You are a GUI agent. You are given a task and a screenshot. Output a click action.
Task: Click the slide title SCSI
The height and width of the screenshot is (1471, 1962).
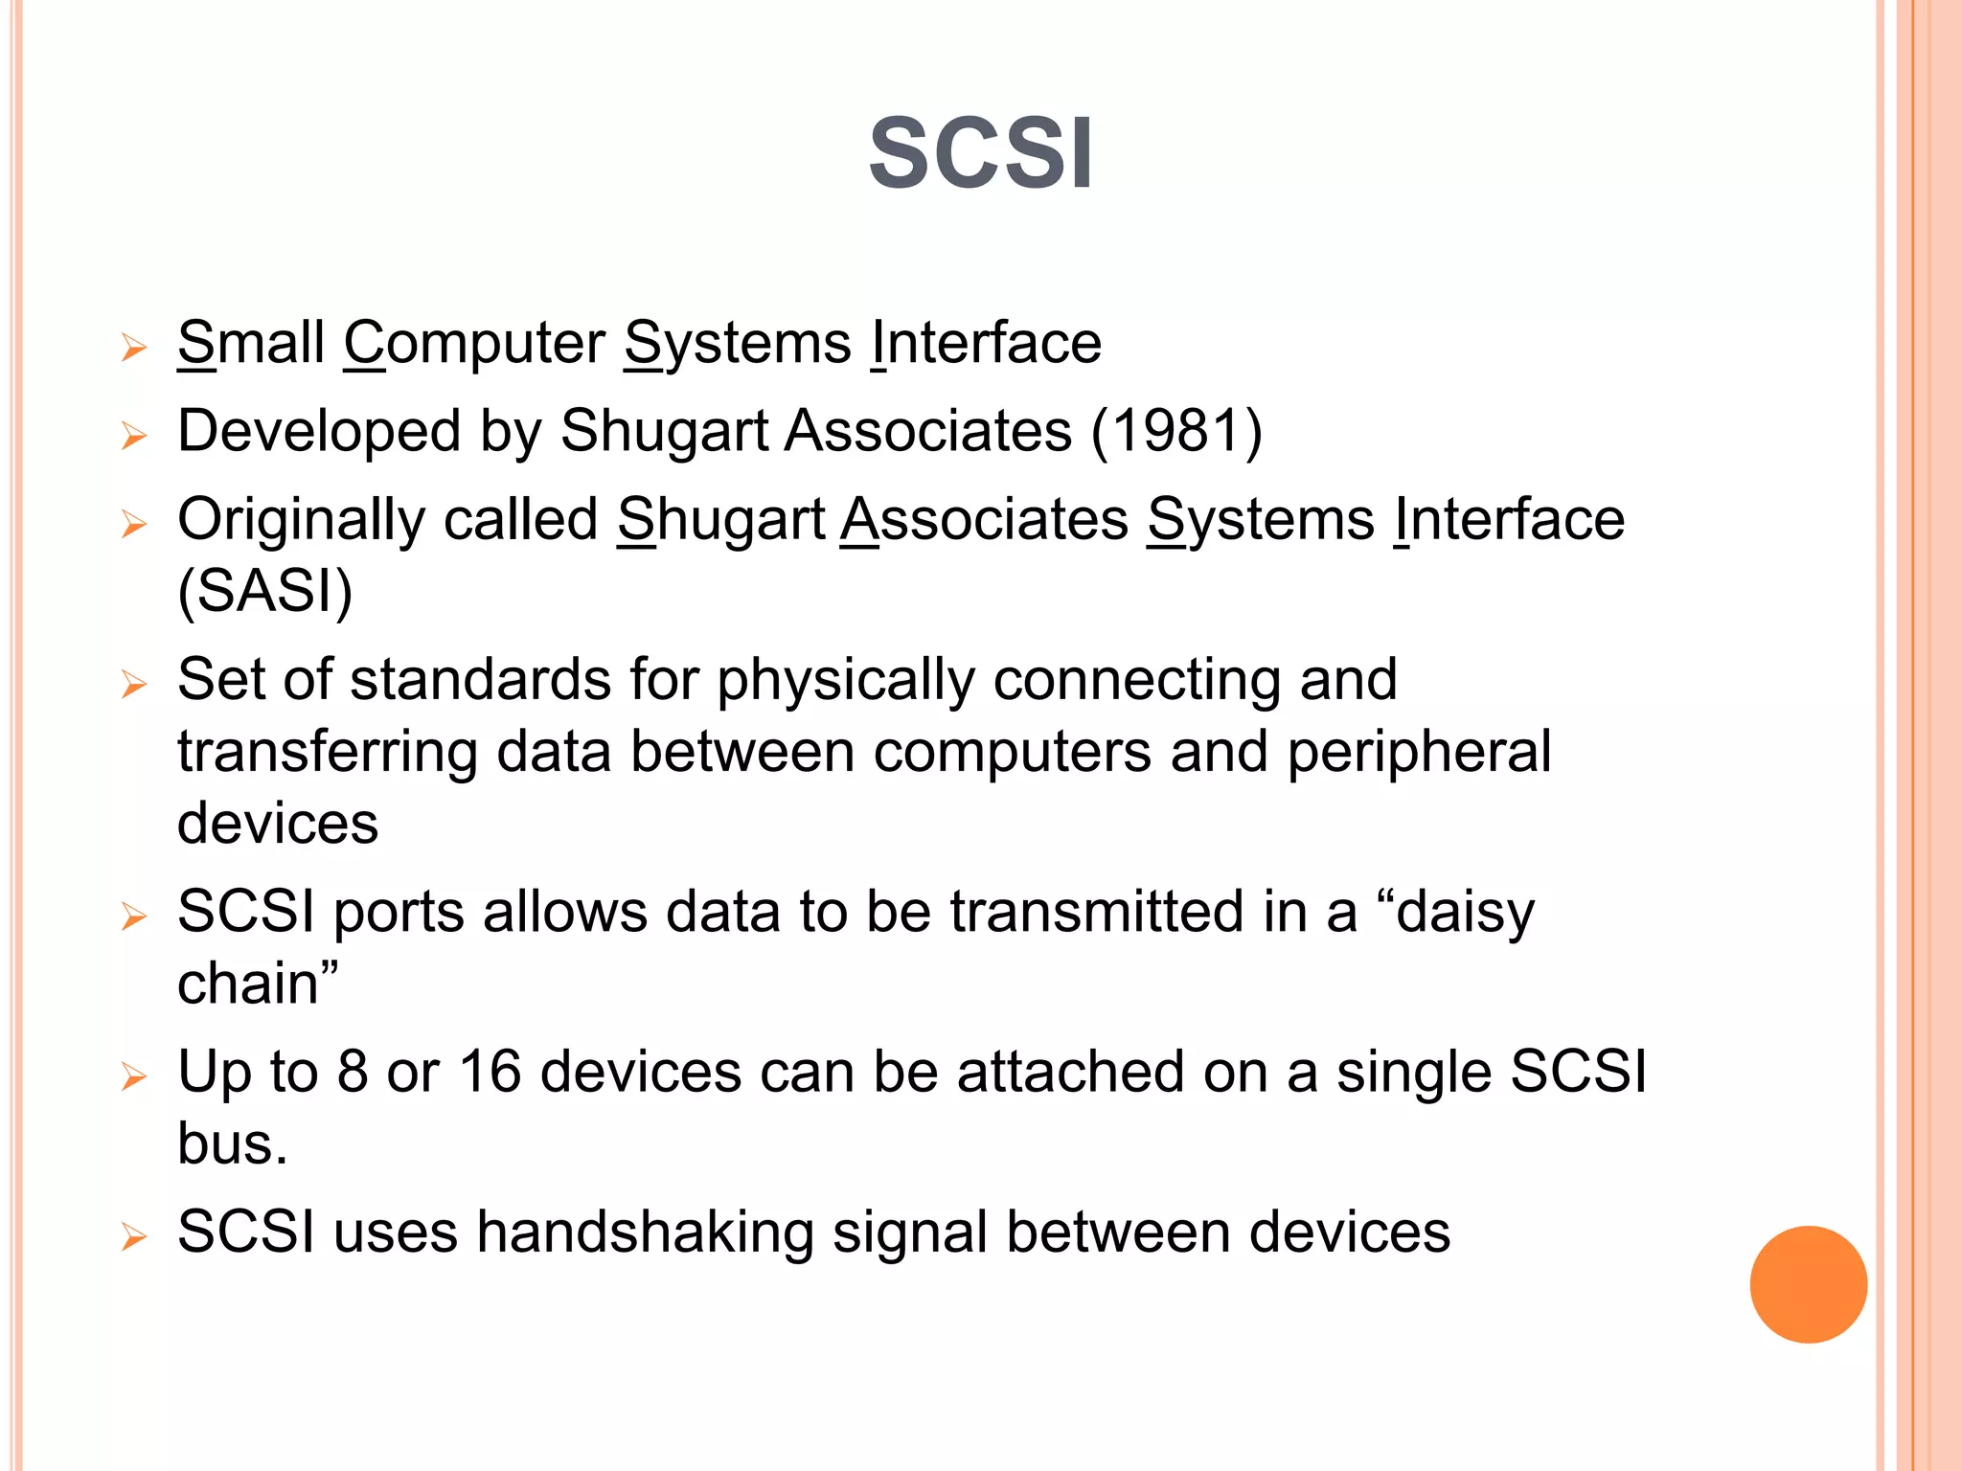[x=980, y=154]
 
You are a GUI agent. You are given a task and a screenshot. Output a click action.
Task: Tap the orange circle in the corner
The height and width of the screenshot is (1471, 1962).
[x=1808, y=1284]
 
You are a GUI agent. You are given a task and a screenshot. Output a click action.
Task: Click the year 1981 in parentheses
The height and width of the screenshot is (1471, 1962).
[x=1176, y=431]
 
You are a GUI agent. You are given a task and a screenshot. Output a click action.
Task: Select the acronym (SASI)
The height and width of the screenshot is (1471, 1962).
[x=265, y=591]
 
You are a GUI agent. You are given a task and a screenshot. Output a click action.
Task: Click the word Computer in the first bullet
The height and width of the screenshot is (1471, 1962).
[x=474, y=343]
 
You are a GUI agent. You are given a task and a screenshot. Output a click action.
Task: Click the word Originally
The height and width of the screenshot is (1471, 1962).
[x=301, y=520]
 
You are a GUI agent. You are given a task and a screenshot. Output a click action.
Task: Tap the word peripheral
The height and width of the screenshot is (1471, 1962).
[x=1418, y=752]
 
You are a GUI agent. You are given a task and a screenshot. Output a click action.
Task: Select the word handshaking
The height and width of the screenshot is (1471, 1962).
[x=645, y=1232]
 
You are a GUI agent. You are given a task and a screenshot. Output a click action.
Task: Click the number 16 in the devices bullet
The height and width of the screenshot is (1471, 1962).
[x=490, y=1071]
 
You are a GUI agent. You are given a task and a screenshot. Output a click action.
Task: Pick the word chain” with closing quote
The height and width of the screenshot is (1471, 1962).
[x=258, y=984]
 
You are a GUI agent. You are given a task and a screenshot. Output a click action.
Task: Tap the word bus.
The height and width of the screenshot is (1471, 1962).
[x=232, y=1143]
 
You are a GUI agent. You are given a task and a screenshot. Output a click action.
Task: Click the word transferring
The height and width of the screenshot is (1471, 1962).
[x=327, y=752]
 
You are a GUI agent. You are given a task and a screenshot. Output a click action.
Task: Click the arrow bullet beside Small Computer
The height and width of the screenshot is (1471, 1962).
[x=134, y=348]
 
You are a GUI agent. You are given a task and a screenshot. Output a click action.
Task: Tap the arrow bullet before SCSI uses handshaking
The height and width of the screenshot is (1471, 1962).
[x=134, y=1236]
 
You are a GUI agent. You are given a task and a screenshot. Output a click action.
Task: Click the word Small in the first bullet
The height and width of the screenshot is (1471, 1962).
[x=251, y=343]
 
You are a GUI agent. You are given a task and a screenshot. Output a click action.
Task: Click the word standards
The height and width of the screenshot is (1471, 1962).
[x=480, y=680]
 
